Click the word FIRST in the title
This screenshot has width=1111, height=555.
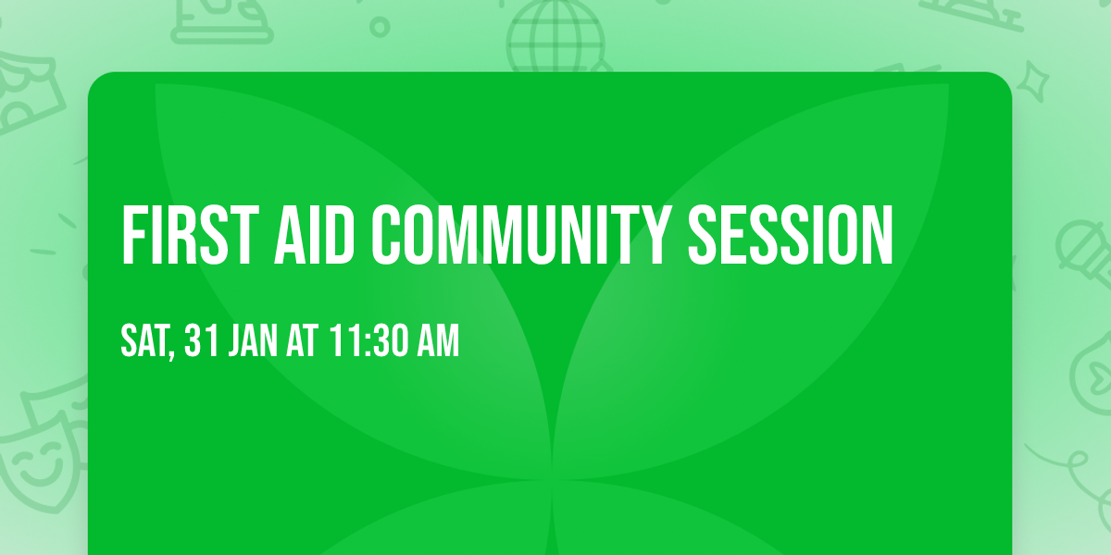pyautogui.click(x=191, y=235)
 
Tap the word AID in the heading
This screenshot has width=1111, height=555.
pyautogui.click(x=315, y=235)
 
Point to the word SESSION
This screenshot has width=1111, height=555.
pyautogui.click(x=791, y=235)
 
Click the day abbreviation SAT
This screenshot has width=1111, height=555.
pyautogui.click(x=144, y=340)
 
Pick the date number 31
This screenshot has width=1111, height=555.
pyautogui.click(x=202, y=340)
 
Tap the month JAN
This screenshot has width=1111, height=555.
pyautogui.click(x=253, y=340)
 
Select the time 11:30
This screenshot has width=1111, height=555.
pyautogui.click(x=367, y=340)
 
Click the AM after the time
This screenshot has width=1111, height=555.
pyautogui.click(x=439, y=340)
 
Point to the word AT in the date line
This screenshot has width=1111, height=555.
pyautogui.click(x=302, y=340)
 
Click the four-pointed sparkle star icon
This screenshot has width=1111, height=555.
pyautogui.click(x=1033, y=82)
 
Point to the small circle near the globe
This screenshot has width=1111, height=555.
pyautogui.click(x=380, y=27)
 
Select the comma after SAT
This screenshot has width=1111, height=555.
pyautogui.click(x=171, y=352)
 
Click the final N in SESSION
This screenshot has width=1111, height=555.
pyautogui.click(x=877, y=235)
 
